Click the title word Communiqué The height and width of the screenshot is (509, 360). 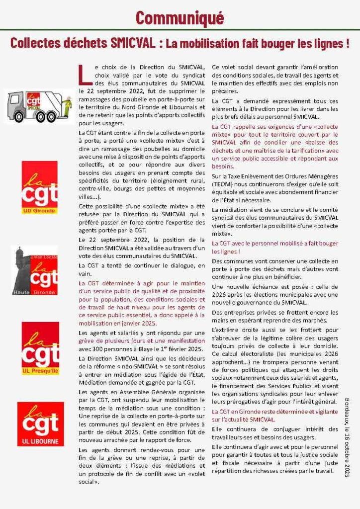pos(180,17)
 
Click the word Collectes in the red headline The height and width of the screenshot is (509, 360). pos(33,44)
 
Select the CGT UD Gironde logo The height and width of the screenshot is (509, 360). pos(39,187)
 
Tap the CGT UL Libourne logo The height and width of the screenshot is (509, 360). pos(40,424)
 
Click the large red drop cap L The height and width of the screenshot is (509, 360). pos(85,75)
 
